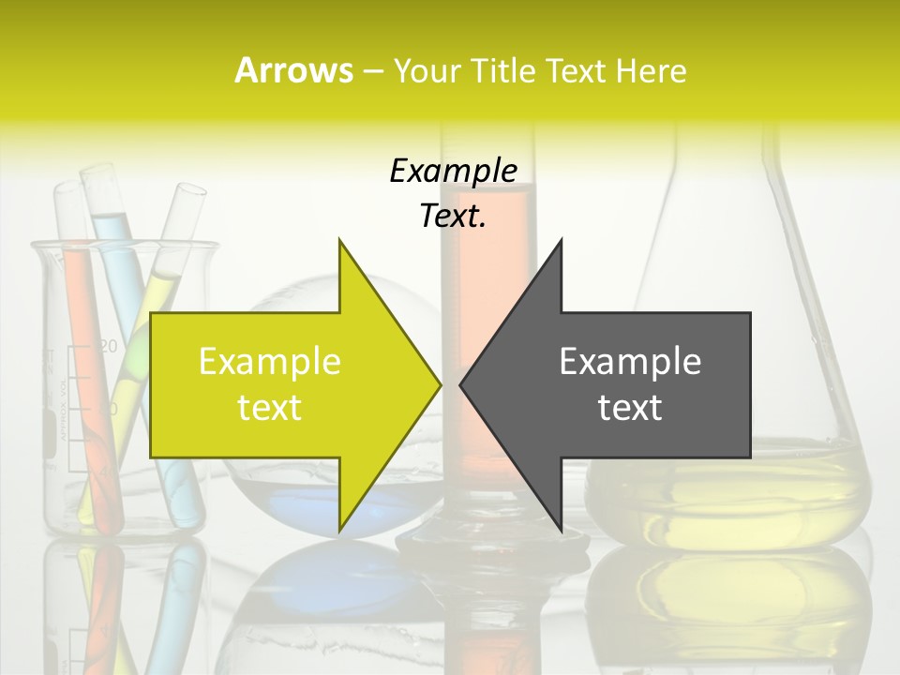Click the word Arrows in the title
(293, 70)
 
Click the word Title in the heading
(500, 70)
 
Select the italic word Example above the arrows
(453, 172)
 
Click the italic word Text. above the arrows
(453, 217)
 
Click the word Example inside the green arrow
(270, 362)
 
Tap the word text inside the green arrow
(270, 408)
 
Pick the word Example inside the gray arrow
(630, 362)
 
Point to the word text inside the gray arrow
(630, 408)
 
